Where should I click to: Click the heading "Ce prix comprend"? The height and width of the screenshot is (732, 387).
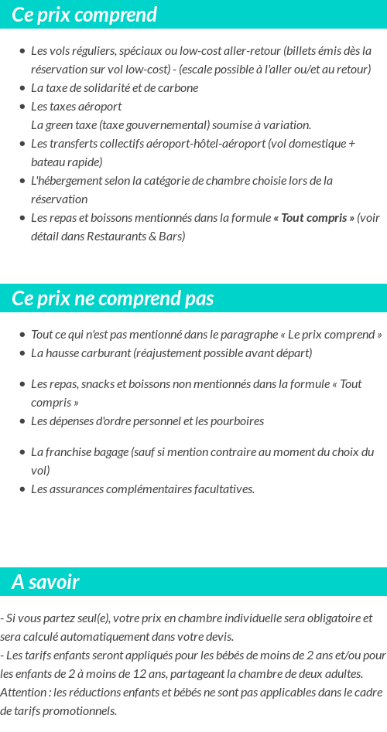(84, 15)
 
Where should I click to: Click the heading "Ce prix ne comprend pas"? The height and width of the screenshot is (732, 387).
(113, 298)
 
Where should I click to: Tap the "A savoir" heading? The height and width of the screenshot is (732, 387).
(46, 582)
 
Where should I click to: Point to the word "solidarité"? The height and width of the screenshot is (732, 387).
(101, 88)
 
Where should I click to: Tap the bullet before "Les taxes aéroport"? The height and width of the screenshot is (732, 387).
(22, 107)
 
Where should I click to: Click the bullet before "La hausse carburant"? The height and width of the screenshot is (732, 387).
(22, 353)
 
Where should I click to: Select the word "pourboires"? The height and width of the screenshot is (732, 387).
(238, 421)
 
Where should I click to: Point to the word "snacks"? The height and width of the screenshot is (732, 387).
(98, 384)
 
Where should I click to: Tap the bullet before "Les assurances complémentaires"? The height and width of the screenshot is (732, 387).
(22, 489)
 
